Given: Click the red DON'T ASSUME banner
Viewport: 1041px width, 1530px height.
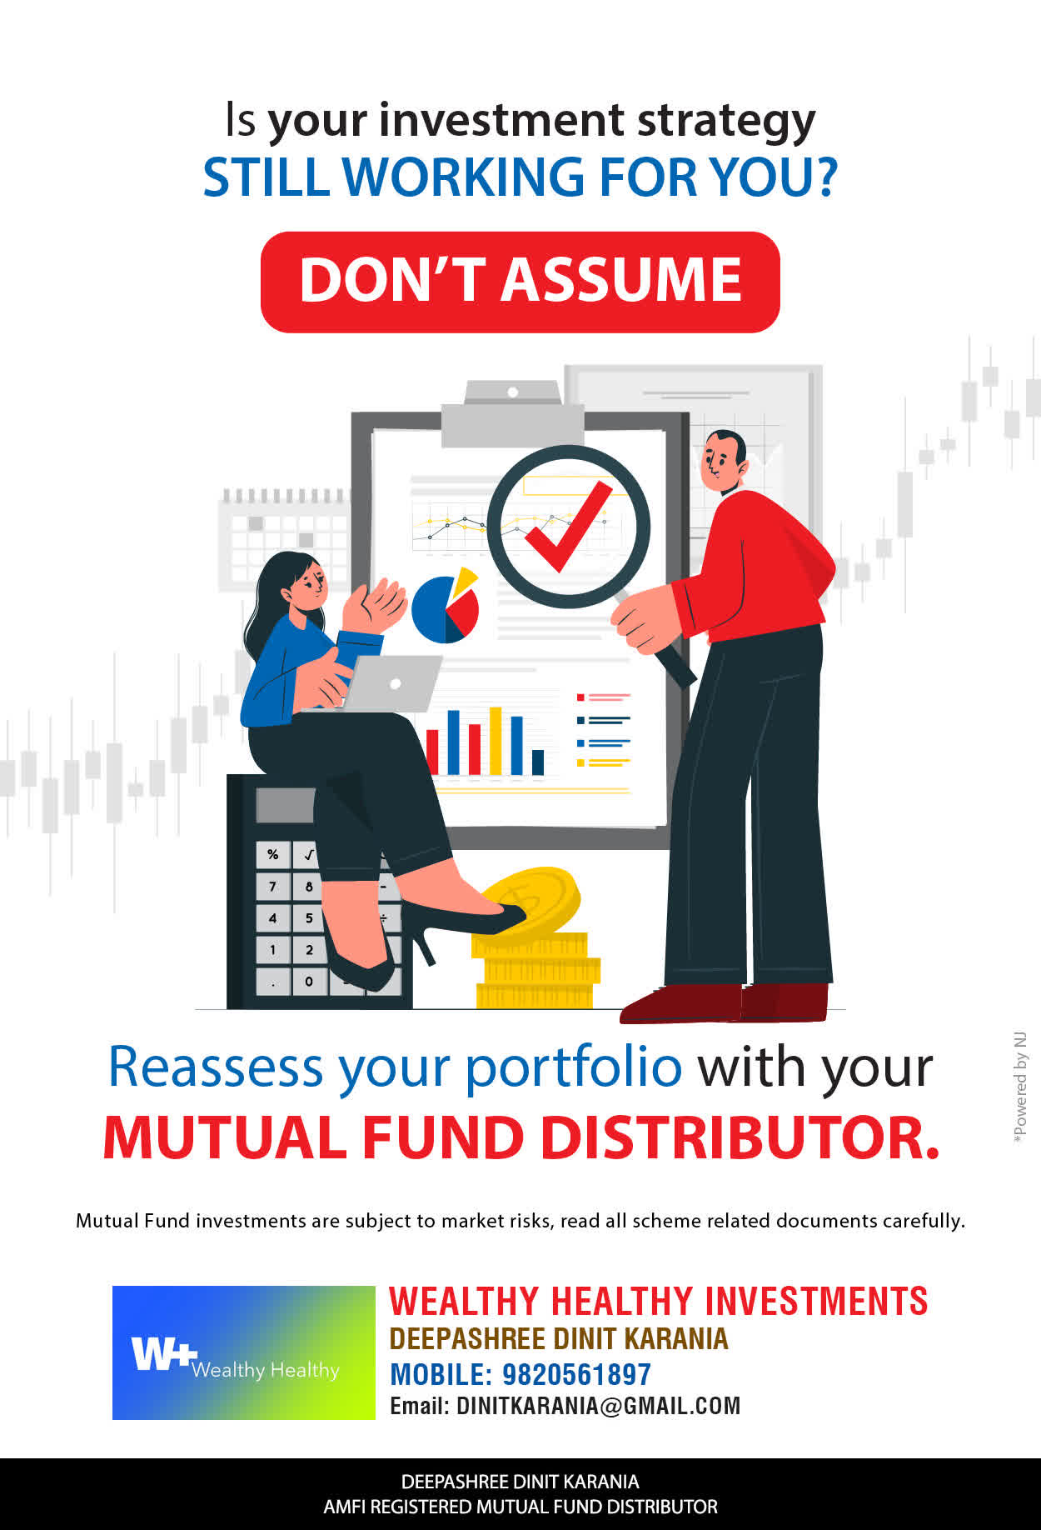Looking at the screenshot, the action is [x=520, y=282].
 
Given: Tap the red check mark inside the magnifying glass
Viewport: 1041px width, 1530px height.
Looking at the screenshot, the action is [x=568, y=528].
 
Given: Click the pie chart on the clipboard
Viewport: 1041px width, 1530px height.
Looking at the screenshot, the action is [x=446, y=606].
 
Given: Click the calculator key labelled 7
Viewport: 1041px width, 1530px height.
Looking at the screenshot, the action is [x=272, y=886].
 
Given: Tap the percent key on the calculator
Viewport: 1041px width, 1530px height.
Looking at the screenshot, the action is [x=272, y=854].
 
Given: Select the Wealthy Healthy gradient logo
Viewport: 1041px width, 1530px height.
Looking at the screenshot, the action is [x=244, y=1352].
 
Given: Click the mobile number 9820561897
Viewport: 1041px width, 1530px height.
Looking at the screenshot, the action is [x=576, y=1374].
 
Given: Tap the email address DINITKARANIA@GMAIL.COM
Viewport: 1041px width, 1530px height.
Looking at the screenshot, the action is [x=598, y=1406].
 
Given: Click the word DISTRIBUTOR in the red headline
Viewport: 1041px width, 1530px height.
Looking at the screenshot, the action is [x=740, y=1137].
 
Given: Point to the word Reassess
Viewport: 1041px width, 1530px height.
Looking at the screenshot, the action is [x=216, y=1067].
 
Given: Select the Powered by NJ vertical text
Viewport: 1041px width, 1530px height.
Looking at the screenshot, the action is [x=1019, y=1087].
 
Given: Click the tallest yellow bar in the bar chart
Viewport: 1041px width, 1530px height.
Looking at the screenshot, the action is [x=496, y=741].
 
